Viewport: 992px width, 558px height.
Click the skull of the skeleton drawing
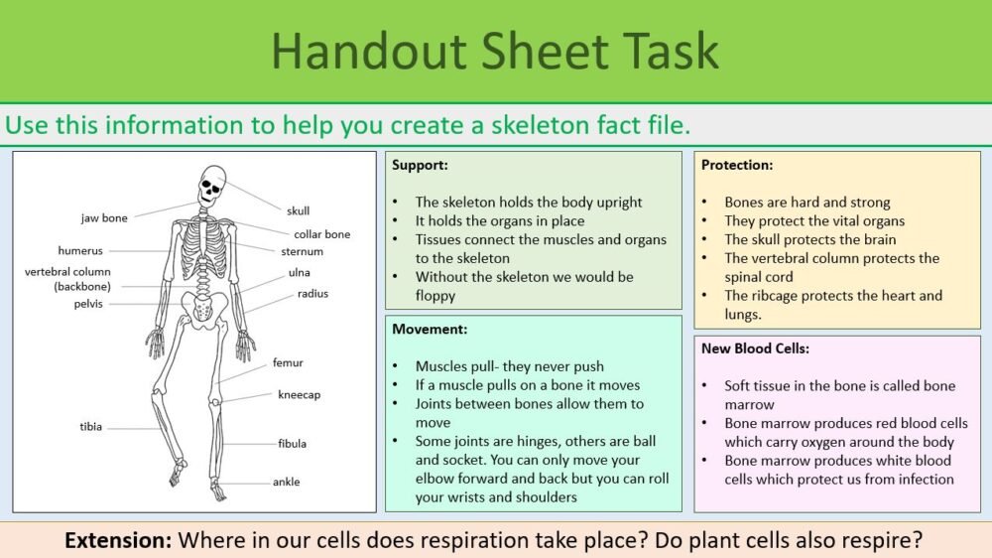click(212, 184)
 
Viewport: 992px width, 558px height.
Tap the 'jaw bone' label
click(104, 217)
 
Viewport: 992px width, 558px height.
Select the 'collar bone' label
click(321, 234)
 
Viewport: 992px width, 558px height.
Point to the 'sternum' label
click(302, 252)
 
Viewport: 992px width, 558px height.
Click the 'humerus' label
click(80, 251)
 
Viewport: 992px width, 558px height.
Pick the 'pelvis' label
click(88, 304)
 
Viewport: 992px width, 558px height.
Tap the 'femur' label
click(288, 363)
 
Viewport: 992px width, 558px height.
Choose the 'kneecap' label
click(299, 394)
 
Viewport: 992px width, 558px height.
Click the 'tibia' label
click(90, 427)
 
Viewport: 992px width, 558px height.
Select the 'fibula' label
click(292, 444)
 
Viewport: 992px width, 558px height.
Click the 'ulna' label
click(299, 272)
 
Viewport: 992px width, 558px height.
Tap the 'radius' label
click(312, 294)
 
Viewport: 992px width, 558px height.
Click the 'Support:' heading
click(420, 165)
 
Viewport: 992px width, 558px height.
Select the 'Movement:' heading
click(430, 329)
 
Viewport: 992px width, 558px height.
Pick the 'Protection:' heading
click(736, 165)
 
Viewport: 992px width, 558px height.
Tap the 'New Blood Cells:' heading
click(754, 349)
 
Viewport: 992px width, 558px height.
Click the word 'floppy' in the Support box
click(435, 295)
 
